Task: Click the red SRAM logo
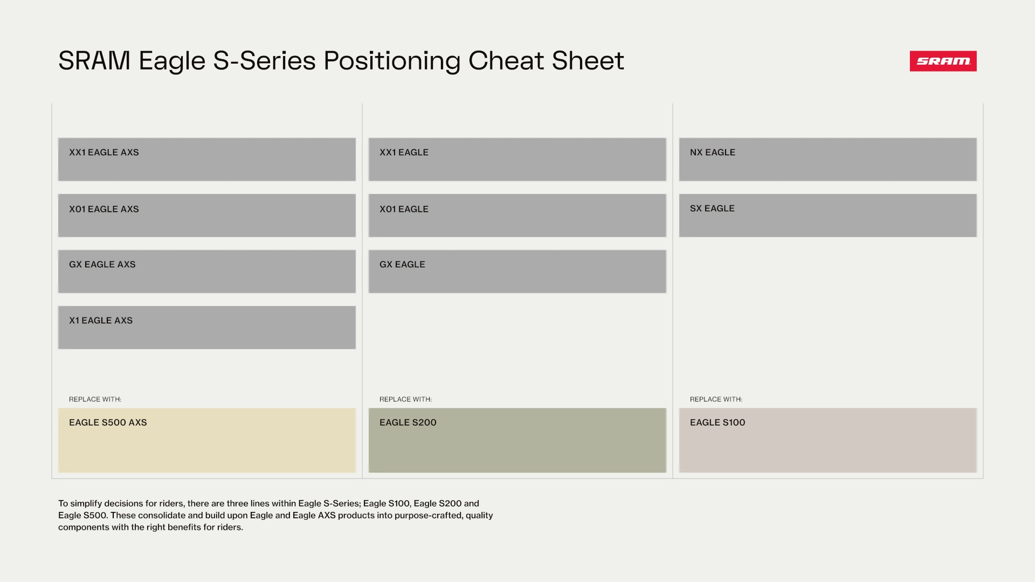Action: coord(943,61)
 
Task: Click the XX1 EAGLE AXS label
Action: coord(104,153)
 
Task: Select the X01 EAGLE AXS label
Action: coord(104,209)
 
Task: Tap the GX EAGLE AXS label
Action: coord(102,265)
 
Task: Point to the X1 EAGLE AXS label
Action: coord(101,321)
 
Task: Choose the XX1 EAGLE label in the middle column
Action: coord(404,153)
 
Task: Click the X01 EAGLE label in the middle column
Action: coord(404,209)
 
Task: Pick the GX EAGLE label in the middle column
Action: coord(402,265)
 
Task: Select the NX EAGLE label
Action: coord(713,153)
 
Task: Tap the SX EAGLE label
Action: coord(712,209)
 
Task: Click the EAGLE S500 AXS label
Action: coord(108,422)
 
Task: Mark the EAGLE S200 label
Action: coord(408,422)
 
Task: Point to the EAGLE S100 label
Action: coord(717,422)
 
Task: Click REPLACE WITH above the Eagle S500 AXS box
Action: coord(95,399)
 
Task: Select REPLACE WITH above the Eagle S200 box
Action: coord(405,399)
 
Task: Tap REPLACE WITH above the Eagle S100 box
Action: coord(716,399)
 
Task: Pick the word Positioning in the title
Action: coord(392,61)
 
